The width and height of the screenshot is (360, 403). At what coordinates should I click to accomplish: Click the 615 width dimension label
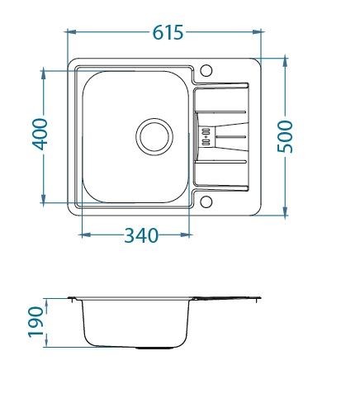pos(168,32)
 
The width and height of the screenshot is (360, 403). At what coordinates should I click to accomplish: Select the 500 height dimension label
pos(285,136)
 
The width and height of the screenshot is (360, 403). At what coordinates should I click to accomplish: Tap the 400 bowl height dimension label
pos(40,134)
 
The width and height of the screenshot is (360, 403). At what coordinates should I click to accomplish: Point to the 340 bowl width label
pos(141,235)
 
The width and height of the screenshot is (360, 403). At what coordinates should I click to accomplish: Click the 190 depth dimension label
pos(36,322)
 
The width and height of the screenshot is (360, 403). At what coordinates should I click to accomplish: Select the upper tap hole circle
pos(206,70)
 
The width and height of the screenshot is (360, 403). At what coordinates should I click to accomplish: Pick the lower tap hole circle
pos(206,201)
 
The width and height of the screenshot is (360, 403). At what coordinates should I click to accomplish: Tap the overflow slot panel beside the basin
pos(206,136)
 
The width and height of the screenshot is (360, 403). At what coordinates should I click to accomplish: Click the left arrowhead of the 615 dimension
pos(71,32)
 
